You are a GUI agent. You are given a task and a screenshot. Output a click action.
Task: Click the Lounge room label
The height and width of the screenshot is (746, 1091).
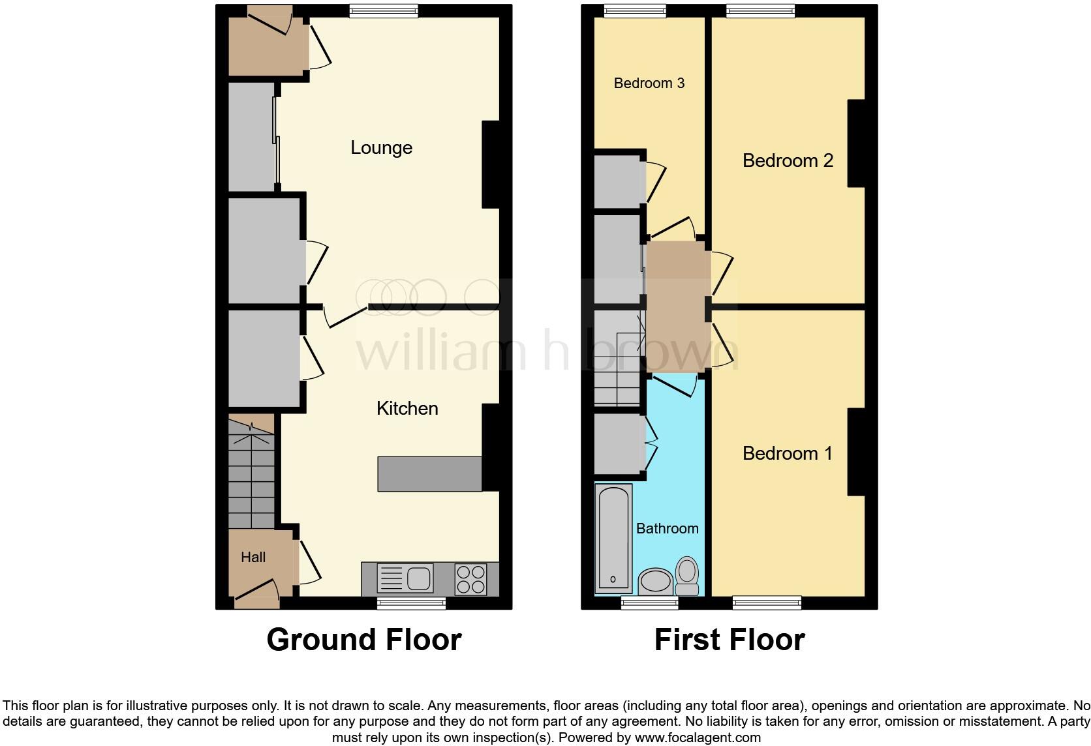point(381,148)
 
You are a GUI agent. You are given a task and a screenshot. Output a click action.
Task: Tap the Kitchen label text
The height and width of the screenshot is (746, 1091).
point(407,409)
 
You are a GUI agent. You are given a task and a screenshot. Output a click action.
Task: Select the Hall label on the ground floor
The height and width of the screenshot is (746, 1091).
point(253,558)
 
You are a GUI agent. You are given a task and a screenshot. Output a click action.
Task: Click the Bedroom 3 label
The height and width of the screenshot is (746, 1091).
point(649,83)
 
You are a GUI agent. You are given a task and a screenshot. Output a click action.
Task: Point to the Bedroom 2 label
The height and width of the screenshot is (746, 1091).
point(788,160)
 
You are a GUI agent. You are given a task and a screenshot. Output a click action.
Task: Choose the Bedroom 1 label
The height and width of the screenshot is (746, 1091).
point(787,454)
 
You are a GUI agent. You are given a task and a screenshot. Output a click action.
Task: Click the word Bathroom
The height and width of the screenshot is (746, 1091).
point(667,529)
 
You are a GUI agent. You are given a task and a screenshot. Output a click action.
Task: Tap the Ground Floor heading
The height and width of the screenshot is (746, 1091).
point(363,640)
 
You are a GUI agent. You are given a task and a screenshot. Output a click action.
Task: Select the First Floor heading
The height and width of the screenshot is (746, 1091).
point(729,640)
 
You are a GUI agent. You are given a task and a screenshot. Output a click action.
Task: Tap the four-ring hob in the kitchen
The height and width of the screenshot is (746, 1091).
point(470,579)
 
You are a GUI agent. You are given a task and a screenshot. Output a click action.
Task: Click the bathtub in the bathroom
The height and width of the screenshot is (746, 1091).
point(614,538)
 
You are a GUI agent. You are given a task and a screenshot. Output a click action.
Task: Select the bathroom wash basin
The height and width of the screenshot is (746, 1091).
point(655,581)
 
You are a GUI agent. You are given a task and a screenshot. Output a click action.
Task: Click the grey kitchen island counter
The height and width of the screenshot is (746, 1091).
point(429,474)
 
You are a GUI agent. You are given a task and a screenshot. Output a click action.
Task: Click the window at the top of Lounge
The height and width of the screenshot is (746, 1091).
point(383,10)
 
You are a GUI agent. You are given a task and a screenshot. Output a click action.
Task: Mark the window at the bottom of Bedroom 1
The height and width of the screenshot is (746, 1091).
point(767,603)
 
